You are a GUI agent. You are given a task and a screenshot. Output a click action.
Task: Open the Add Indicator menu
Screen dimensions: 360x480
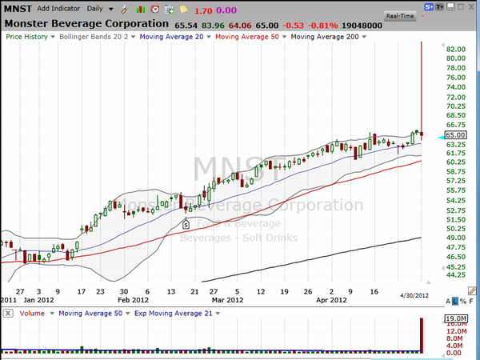point(63,9)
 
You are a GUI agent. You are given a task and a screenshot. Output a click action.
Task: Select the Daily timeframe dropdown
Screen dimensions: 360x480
point(98,9)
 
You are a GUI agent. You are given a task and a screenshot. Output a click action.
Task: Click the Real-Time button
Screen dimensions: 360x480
point(399,15)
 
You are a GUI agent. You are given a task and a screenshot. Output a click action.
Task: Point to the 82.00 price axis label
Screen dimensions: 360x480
point(456,49)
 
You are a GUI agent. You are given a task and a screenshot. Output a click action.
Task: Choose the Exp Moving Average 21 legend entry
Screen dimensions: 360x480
point(174,313)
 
